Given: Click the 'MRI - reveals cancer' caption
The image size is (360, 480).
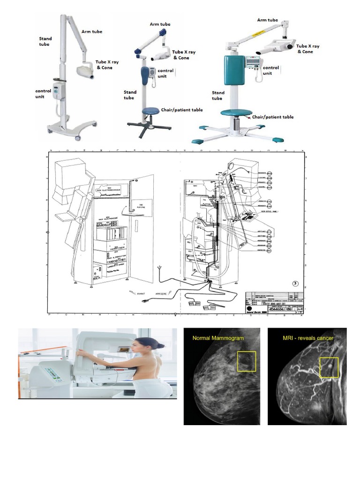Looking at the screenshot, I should [x=308, y=338].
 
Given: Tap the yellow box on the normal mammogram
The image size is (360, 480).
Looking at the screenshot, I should [x=247, y=362].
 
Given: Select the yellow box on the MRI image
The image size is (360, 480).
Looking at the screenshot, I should [x=329, y=367].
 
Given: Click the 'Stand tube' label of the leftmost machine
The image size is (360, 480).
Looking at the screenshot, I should [x=45, y=41].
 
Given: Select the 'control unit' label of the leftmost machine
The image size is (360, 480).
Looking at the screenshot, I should [x=43, y=93].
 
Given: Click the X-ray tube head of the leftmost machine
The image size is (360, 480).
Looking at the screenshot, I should [x=85, y=71].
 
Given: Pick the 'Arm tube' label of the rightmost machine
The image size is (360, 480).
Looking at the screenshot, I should [x=268, y=20].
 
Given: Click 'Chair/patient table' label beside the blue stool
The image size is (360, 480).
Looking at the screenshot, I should [x=182, y=110].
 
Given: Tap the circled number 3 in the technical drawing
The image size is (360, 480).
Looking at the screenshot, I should [x=295, y=283].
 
